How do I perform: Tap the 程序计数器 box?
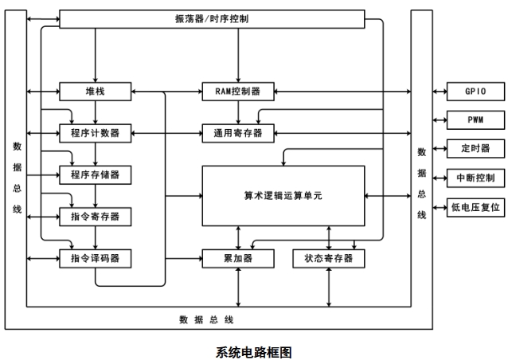[95, 132]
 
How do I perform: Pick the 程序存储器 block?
[95, 174]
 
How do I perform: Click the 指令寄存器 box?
[95, 216]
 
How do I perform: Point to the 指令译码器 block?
[95, 258]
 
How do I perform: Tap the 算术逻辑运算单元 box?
[283, 194]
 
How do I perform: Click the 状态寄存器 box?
[329, 258]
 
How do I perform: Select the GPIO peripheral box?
[476, 91]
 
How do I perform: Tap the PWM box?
[476, 119]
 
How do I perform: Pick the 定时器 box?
[476, 148]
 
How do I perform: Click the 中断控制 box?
[476, 177]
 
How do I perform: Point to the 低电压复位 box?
[476, 206]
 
